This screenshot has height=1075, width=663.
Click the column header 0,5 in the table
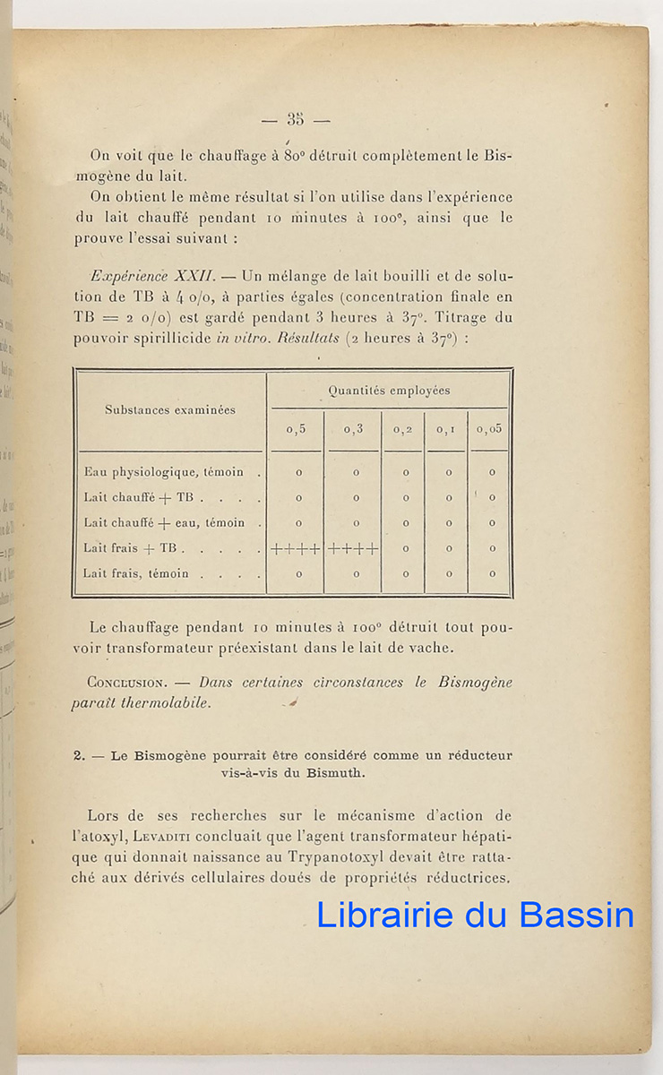click(296, 429)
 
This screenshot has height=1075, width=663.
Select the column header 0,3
click(353, 429)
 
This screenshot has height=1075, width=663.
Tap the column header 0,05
click(490, 429)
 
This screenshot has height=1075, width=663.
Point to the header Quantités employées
click(389, 391)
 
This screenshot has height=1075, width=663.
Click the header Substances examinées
click(170, 410)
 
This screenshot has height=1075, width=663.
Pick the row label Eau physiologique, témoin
click(163, 472)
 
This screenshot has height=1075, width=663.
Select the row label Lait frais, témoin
click(135, 573)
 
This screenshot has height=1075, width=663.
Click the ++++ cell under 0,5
click(296, 548)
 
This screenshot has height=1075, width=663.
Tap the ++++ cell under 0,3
click(353, 548)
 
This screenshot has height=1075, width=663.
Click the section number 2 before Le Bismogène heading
click(79, 755)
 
